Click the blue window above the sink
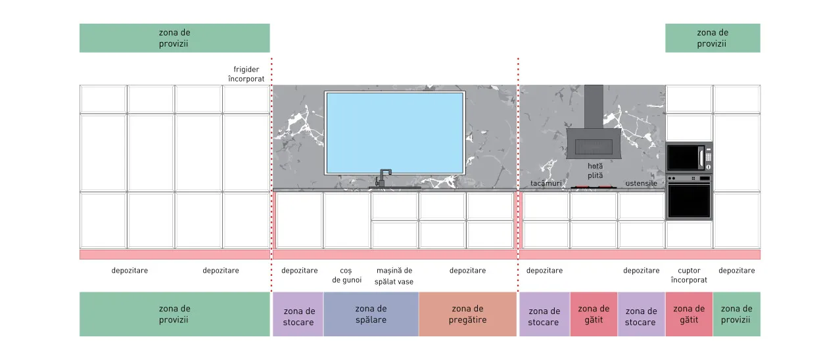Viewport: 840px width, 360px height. [395, 133]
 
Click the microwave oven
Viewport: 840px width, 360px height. [689, 158]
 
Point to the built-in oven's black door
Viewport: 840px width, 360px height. [689, 201]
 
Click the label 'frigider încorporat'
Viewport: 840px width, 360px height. [246, 74]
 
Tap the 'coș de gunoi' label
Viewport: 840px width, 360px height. [346, 275]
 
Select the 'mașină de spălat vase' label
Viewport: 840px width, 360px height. [394, 276]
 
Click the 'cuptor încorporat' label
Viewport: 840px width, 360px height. [689, 275]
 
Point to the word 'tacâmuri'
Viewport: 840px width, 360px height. [546, 183]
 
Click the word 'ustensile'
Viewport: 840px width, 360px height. [642, 183]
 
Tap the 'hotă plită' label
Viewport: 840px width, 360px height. [595, 171]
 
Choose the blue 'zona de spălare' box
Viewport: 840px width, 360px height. [371, 314]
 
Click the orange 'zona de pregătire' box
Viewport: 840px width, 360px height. [467, 314]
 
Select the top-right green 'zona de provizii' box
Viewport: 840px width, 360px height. [712, 38]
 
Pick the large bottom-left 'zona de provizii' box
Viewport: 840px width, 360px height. [174, 314]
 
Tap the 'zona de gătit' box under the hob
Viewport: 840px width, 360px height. [594, 314]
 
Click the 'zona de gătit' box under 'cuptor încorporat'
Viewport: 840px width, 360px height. [689, 314]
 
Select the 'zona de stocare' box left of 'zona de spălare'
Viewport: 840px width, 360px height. [298, 314]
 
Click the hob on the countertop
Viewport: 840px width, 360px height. [594, 187]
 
